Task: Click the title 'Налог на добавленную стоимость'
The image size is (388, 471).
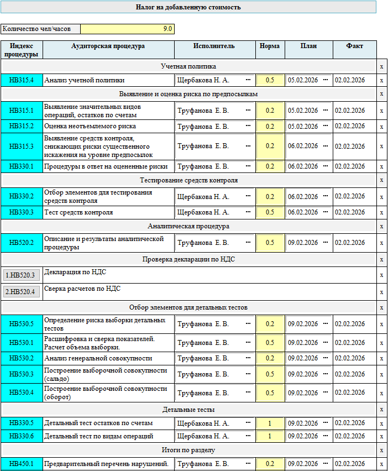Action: (188, 7)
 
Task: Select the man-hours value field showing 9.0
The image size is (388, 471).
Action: (127, 29)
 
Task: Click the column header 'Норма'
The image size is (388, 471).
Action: (270, 46)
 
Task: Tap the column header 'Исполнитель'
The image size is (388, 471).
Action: (214, 46)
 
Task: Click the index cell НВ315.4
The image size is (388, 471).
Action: (22, 80)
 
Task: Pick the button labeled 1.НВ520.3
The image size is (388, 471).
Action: (22, 275)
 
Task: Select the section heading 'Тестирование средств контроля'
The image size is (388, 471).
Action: (188, 180)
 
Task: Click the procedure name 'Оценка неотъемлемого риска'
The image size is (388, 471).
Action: (90, 126)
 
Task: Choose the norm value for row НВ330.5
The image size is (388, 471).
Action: (270, 423)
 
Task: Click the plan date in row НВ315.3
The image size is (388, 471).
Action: (303, 146)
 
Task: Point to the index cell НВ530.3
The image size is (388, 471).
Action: (22, 374)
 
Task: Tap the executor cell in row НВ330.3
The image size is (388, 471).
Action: (202, 212)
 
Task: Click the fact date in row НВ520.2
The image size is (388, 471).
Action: (350, 242)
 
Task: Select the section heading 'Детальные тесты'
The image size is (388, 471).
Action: (188, 410)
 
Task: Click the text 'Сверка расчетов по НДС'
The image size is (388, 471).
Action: (82, 288)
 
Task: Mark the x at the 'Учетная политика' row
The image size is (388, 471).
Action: (381, 66)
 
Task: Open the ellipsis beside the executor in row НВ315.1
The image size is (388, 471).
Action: (248, 111)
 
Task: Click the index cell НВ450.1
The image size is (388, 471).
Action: (22, 464)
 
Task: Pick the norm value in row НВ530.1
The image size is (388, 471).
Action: (270, 343)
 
